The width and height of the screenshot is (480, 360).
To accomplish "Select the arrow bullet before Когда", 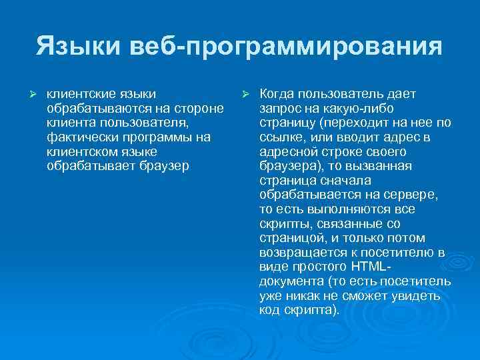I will tap(245, 92).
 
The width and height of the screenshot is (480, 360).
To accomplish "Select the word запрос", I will tap(281, 107).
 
